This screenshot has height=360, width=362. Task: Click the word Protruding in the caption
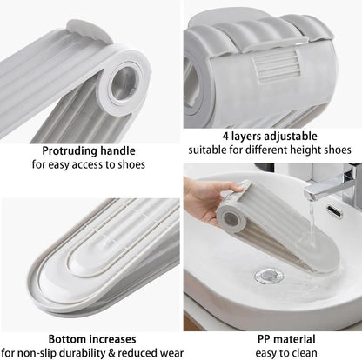(70, 151)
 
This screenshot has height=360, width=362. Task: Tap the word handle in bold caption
(117, 150)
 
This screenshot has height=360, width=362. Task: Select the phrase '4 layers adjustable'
(270, 136)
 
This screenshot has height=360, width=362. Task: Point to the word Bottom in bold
(67, 339)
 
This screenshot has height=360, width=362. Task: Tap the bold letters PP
(264, 339)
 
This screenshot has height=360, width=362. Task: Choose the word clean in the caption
(303, 353)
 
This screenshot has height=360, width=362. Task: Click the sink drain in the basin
(269, 275)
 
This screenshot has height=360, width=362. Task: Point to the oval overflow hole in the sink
(334, 211)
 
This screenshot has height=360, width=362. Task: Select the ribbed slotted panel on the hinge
(275, 65)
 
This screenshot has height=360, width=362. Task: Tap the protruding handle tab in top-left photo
(89, 31)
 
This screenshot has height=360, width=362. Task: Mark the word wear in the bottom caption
(171, 353)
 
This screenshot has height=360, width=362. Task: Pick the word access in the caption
(87, 164)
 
